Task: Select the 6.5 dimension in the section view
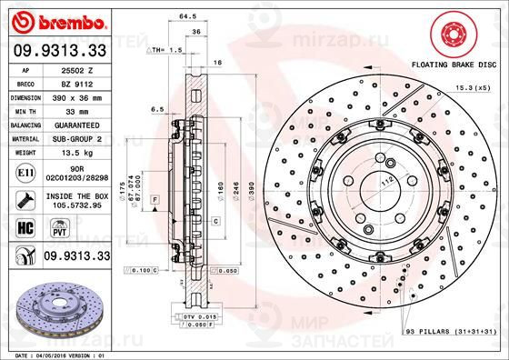point(158,106)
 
